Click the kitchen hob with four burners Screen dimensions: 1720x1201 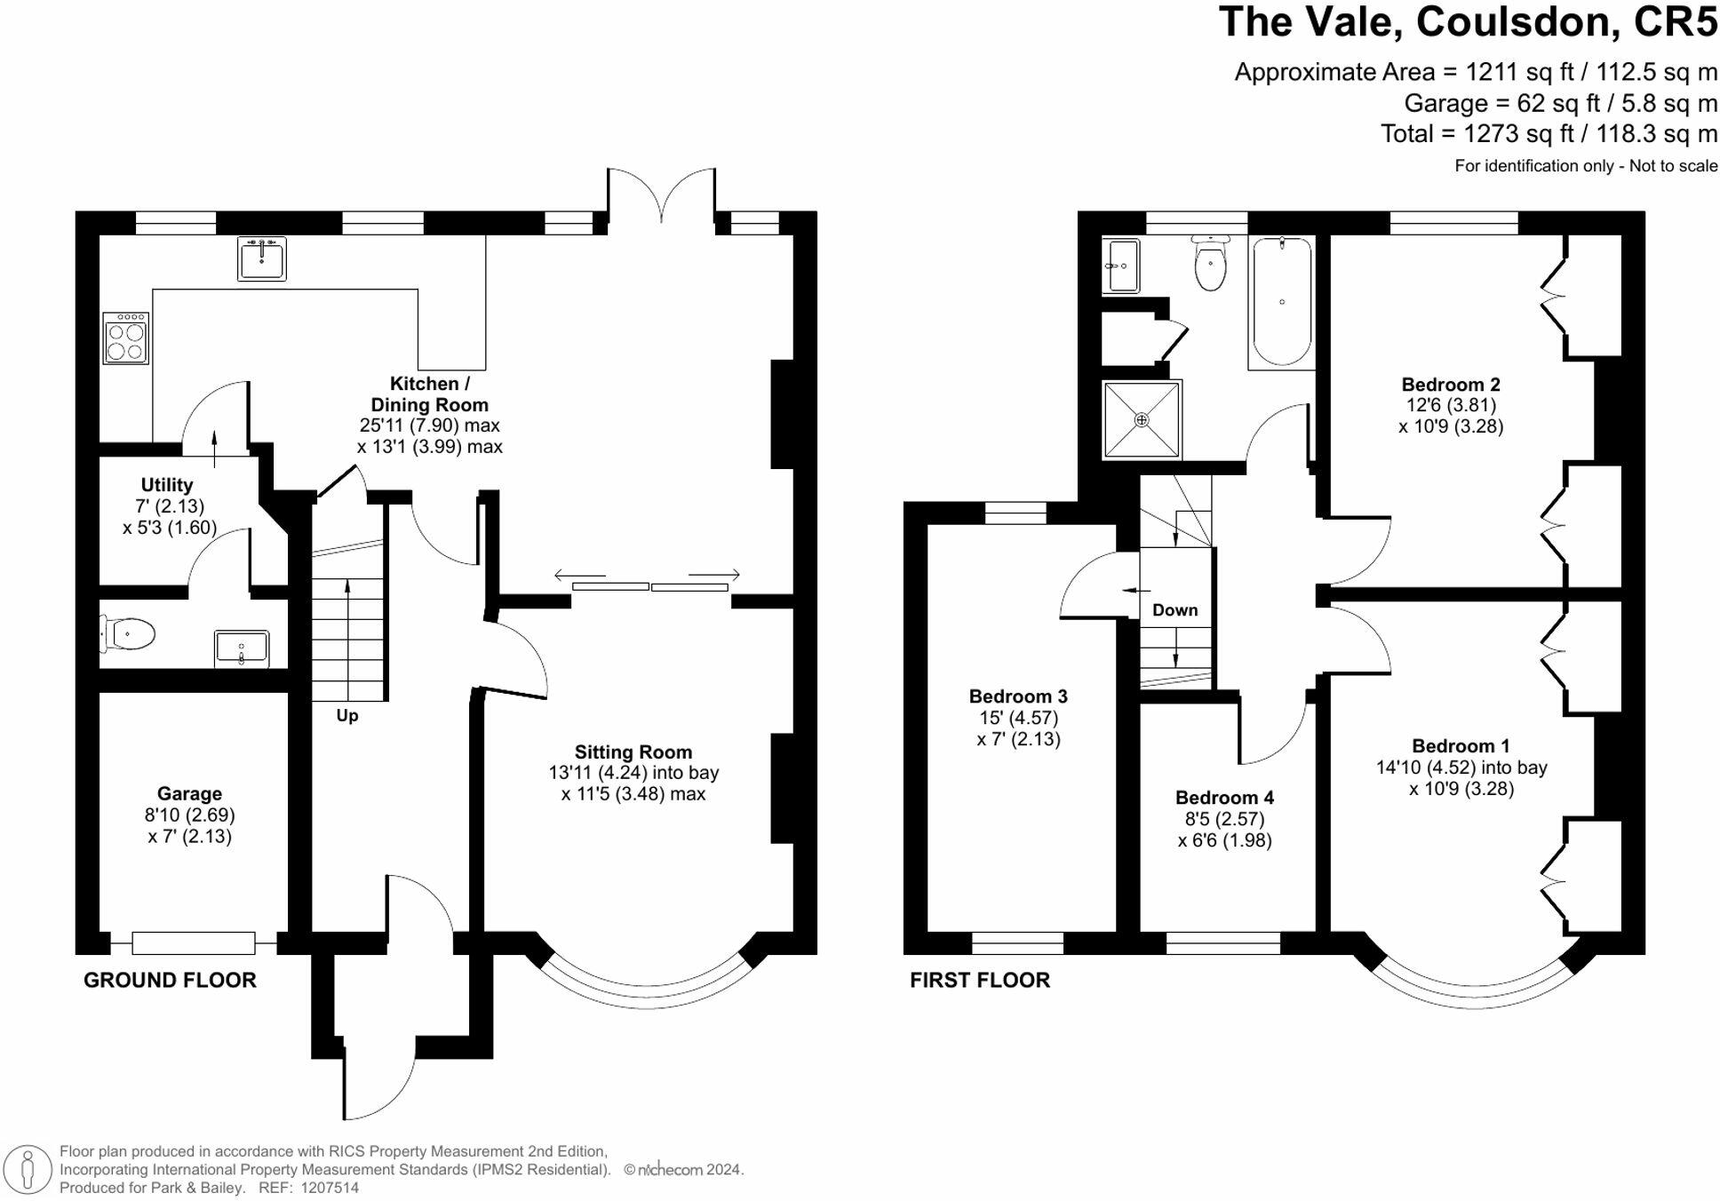pos(125,338)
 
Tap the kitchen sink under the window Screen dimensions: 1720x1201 pos(262,258)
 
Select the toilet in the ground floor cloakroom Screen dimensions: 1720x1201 pos(128,634)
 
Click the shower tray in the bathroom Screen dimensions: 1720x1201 pos(1142,419)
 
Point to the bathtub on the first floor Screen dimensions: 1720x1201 pos(1281,302)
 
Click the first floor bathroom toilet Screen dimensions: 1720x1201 pos(1210,263)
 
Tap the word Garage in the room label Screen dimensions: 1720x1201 pos(189,794)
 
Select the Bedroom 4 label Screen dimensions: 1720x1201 pos(1224,798)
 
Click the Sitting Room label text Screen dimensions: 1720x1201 pos(633,752)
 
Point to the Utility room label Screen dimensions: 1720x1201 pos(167,485)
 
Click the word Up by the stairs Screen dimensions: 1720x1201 pos(347,716)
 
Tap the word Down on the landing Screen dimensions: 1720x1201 pos(1175,610)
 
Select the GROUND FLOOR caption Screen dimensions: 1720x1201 pos(170,980)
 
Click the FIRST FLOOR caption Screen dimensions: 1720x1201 pos(980,980)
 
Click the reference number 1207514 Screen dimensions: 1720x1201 pos(330,1188)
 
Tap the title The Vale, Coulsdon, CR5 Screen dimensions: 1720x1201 pos(1468,22)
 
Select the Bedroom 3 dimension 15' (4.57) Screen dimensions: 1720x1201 pos(1018,718)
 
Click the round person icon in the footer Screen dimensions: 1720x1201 pos(28,1169)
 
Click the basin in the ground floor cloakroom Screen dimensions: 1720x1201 pos(242,648)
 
